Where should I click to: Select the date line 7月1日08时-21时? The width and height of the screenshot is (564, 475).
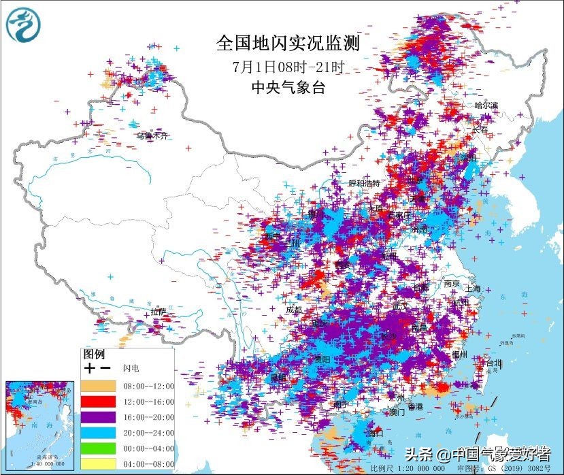click(288, 67)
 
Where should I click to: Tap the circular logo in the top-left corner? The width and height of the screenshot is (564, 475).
click(23, 24)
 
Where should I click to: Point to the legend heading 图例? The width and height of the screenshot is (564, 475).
click(93, 355)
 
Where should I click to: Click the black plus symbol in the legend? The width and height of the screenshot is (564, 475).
click(89, 368)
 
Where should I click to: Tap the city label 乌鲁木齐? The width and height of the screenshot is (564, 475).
click(151, 136)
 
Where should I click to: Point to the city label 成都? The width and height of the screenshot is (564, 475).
click(293, 310)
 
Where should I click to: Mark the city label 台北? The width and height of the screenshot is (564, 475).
click(491, 363)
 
